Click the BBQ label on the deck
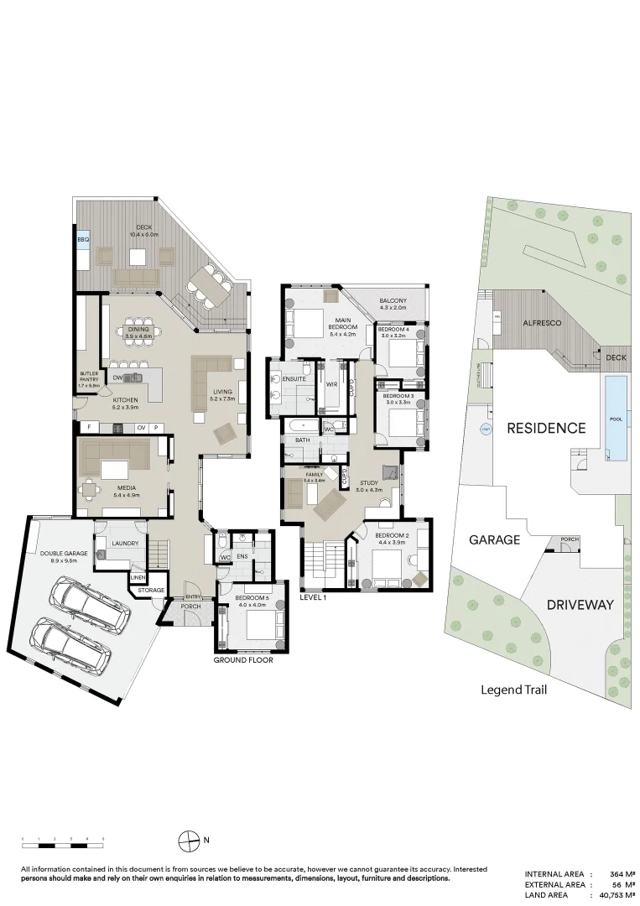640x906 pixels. point(82,240)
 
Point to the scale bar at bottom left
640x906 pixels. point(63,839)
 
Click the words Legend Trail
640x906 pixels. point(513,690)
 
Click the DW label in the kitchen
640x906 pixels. point(117,378)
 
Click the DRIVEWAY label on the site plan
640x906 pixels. point(580,604)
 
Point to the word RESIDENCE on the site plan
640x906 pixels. point(545,428)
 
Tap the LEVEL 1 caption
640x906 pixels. point(312,597)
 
